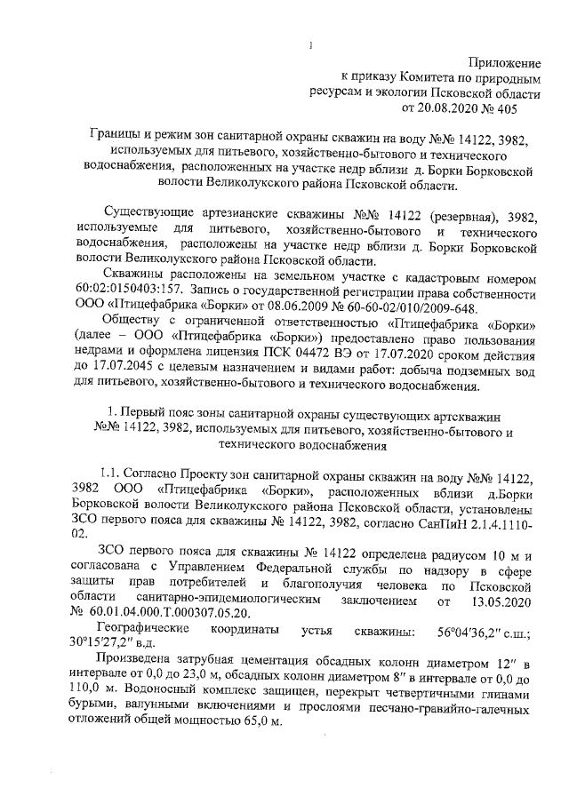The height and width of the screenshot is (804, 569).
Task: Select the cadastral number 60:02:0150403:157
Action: coord(130,288)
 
